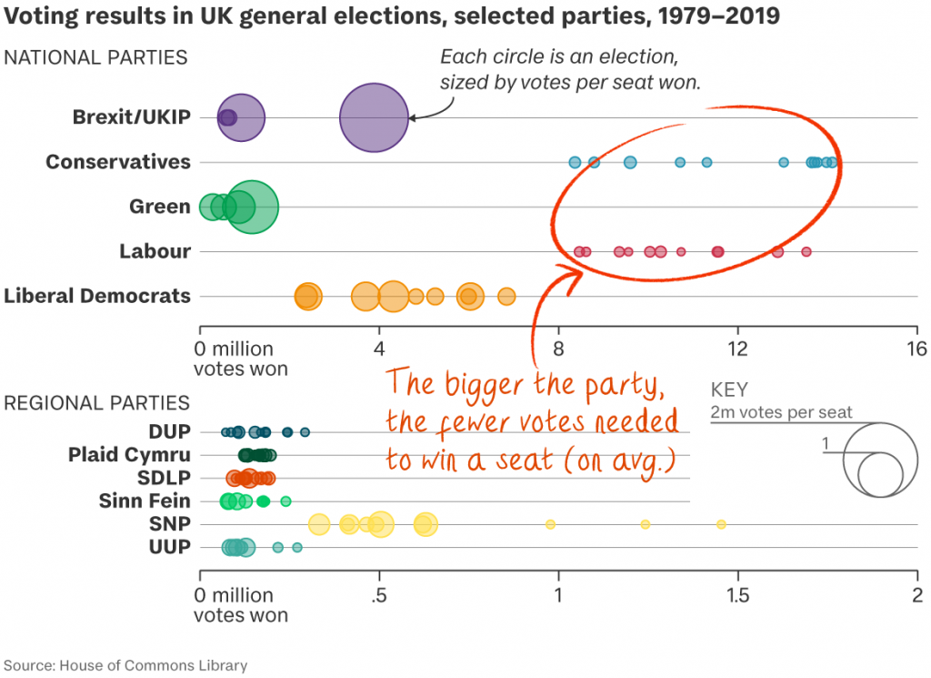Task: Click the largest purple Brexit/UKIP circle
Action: coord(374,117)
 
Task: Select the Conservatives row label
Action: coord(118,162)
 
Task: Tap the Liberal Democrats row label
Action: coord(97,296)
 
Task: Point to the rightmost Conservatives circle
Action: coord(831,162)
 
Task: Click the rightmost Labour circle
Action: coord(806,251)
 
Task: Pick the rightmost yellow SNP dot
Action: coord(721,524)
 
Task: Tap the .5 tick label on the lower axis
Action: coord(379,594)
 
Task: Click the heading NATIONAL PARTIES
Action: coord(95,57)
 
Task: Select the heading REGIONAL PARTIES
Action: coord(97,402)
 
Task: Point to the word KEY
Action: coord(729,390)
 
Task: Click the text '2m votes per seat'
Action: coord(782,412)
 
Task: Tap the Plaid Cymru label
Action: coord(129,455)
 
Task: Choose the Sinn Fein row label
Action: coord(145,501)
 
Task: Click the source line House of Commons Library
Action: coord(125,665)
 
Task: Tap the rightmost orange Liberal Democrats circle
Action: coord(506,296)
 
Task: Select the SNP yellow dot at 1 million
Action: coord(550,524)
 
